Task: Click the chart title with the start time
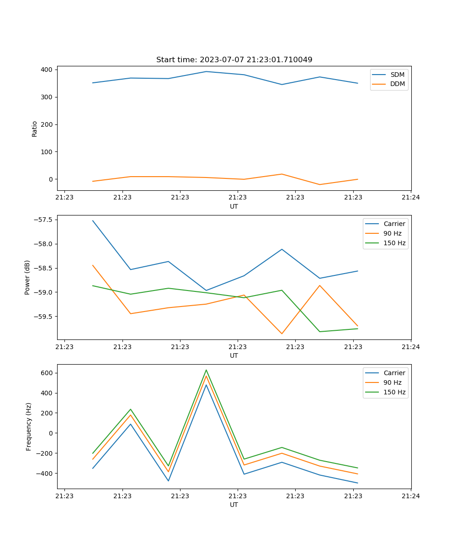pos(234,60)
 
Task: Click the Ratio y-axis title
pos(35,128)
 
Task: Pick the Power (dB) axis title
pos(27,277)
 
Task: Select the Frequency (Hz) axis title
pos(29,426)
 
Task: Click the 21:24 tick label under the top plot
pos(411,198)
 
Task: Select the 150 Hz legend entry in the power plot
pos(394,243)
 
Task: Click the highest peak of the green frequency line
pos(206,370)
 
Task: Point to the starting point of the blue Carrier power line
pos(93,221)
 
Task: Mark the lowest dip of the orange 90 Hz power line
pos(282,334)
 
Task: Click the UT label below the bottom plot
pos(234,505)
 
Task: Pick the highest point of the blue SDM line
pos(206,71)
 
